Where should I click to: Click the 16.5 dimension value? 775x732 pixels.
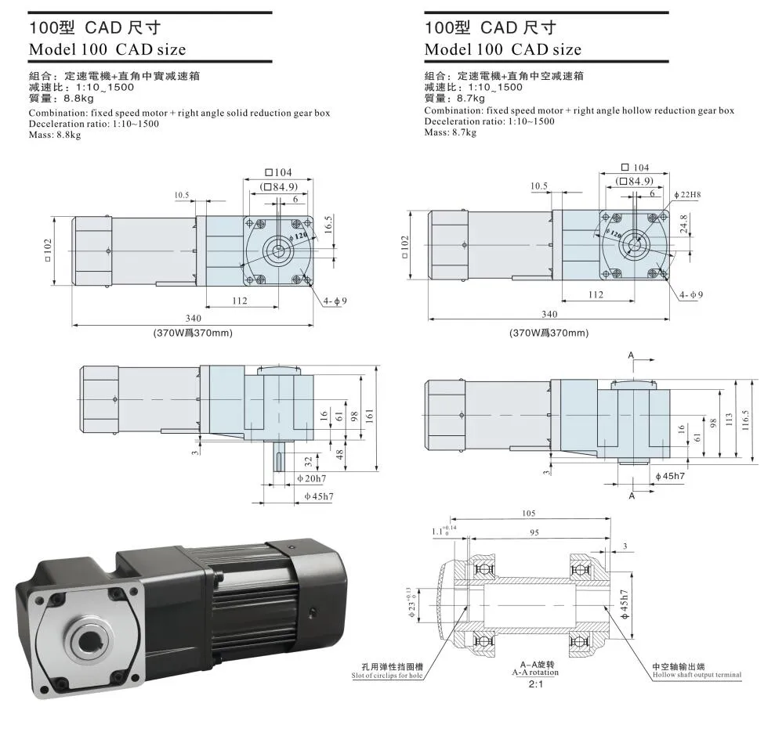coord(328,225)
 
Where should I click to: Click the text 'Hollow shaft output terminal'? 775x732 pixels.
coord(696,674)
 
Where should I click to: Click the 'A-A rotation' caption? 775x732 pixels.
coord(536,671)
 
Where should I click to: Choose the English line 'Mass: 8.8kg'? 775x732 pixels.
coord(55,135)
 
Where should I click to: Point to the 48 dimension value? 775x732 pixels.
coord(339,453)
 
